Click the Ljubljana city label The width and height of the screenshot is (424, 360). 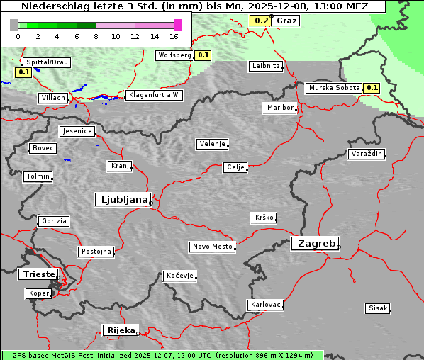click(x=122, y=200)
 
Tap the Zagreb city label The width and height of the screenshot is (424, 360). click(x=314, y=243)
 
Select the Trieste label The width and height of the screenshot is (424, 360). click(x=37, y=274)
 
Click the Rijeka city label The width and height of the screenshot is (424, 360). click(x=121, y=330)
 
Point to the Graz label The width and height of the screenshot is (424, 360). click(x=286, y=21)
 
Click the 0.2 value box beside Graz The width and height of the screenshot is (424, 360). click(x=261, y=21)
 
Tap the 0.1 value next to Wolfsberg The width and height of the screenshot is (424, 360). click(x=203, y=55)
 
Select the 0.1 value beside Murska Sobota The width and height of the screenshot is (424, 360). click(x=372, y=88)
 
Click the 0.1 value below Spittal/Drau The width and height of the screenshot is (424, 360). click(x=23, y=72)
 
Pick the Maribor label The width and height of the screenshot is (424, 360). click(x=279, y=108)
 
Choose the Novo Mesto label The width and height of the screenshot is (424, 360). click(x=211, y=247)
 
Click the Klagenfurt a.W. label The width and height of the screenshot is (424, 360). click(x=154, y=95)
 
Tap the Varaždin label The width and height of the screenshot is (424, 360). click(x=367, y=154)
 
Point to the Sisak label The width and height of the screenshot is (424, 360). click(x=377, y=308)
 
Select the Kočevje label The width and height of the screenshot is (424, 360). click(x=179, y=276)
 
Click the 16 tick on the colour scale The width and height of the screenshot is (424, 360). click(x=174, y=36)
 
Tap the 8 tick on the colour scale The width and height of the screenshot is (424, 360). click(x=96, y=36)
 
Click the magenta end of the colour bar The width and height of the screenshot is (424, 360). click(x=177, y=25)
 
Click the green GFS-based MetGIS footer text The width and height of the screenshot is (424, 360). click(x=162, y=355)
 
